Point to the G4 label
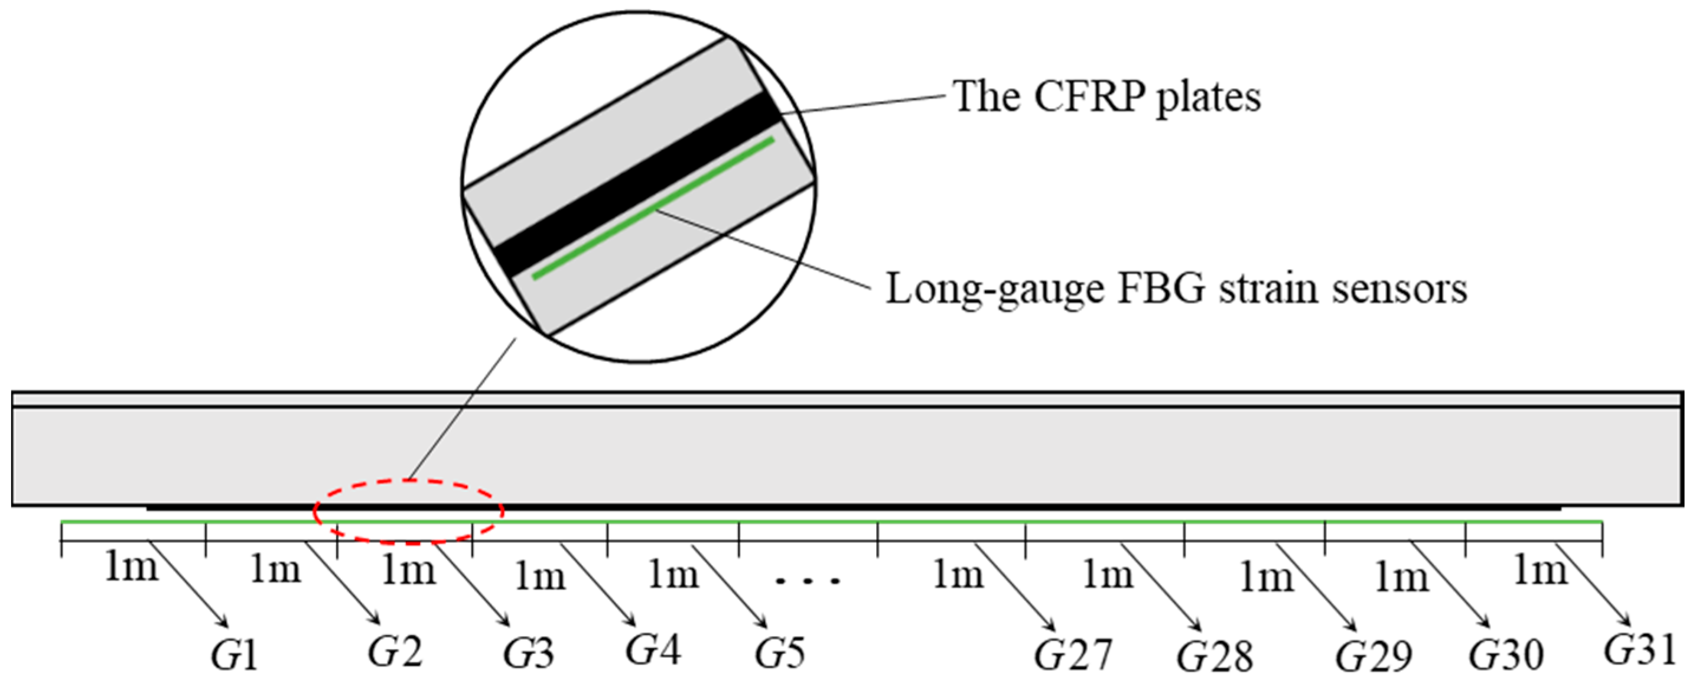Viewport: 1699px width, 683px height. pyautogui.click(x=653, y=649)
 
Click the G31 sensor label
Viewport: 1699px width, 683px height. pyautogui.click(x=1639, y=650)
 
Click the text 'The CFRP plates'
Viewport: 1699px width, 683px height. pyautogui.click(x=1106, y=98)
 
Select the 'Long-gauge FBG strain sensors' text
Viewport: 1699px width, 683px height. pyautogui.click(x=1176, y=289)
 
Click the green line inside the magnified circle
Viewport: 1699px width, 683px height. pyautogui.click(x=653, y=208)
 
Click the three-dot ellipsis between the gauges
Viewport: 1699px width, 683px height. pyautogui.click(x=808, y=581)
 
